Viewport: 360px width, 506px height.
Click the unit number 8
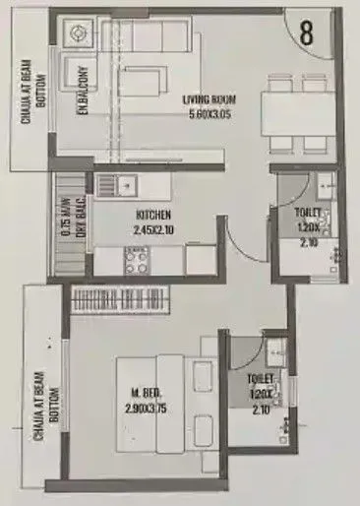tap(307, 31)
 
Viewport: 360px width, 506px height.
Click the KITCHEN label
tap(154, 215)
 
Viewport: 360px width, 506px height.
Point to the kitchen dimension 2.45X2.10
tap(154, 228)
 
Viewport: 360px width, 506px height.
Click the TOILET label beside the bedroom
tap(262, 377)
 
